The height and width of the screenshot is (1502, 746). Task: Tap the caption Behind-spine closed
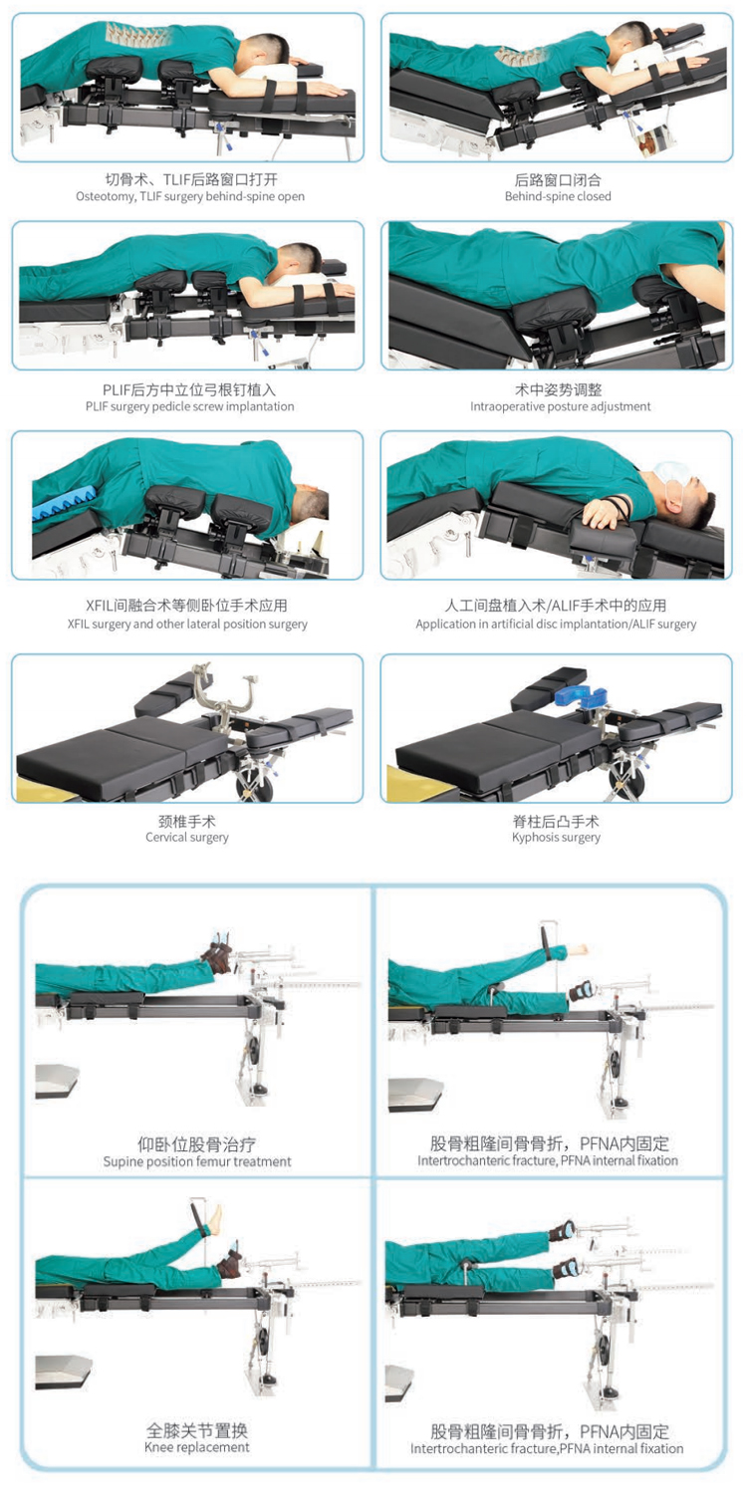(558, 196)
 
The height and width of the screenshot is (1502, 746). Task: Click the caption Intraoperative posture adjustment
(561, 406)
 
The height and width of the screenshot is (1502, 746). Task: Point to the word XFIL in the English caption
(78, 624)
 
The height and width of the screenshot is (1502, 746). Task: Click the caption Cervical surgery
(187, 838)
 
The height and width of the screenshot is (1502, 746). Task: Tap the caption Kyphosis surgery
(557, 838)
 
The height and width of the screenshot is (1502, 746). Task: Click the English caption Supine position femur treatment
(197, 1161)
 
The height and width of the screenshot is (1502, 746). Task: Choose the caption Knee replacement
(197, 1447)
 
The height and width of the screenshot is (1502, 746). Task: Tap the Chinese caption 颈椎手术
(187, 822)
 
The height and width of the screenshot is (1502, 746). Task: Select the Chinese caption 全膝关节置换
(197, 1430)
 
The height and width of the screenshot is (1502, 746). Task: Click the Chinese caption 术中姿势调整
(559, 390)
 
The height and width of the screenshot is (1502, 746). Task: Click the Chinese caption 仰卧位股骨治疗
(197, 1144)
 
